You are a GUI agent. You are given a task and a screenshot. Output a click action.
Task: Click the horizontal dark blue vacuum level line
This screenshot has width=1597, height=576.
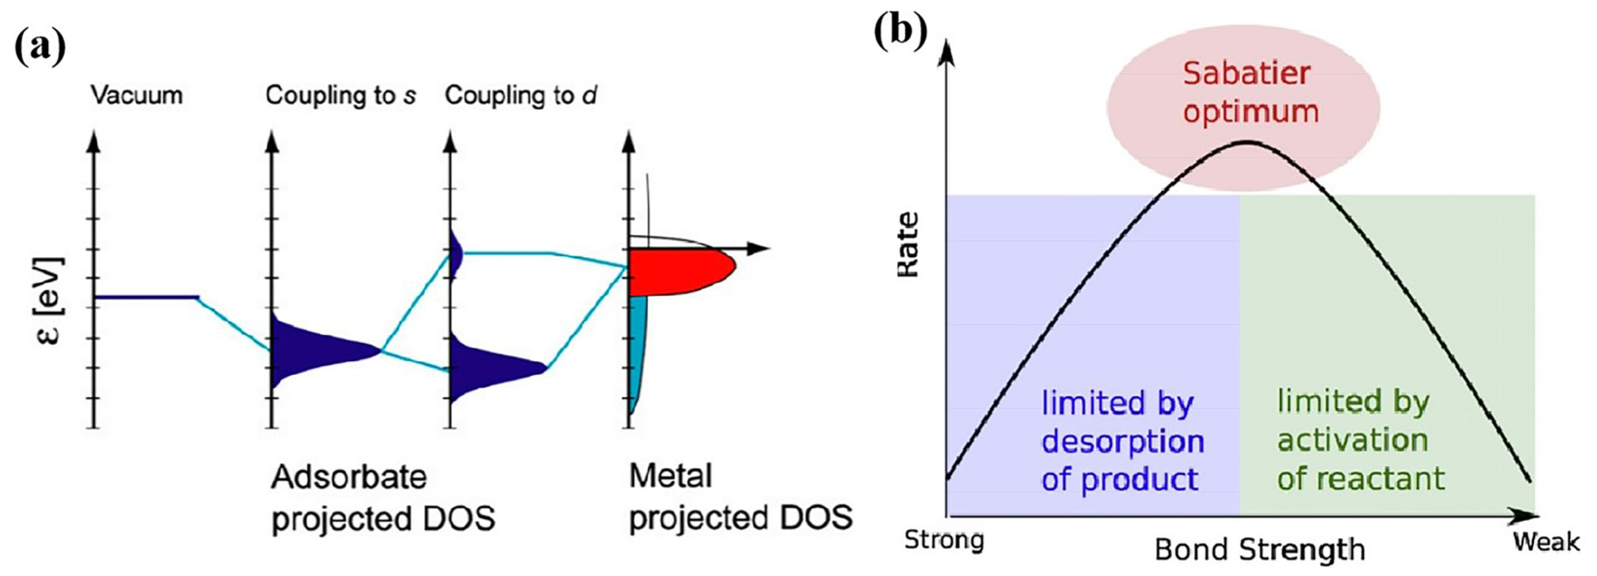[x=146, y=298]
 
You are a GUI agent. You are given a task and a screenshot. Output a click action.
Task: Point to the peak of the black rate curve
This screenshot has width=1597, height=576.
[x=1247, y=143]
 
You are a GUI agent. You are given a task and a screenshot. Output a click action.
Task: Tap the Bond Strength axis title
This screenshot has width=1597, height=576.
[x=1259, y=549]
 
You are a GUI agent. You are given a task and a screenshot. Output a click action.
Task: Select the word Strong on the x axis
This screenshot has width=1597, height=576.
[x=943, y=540]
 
